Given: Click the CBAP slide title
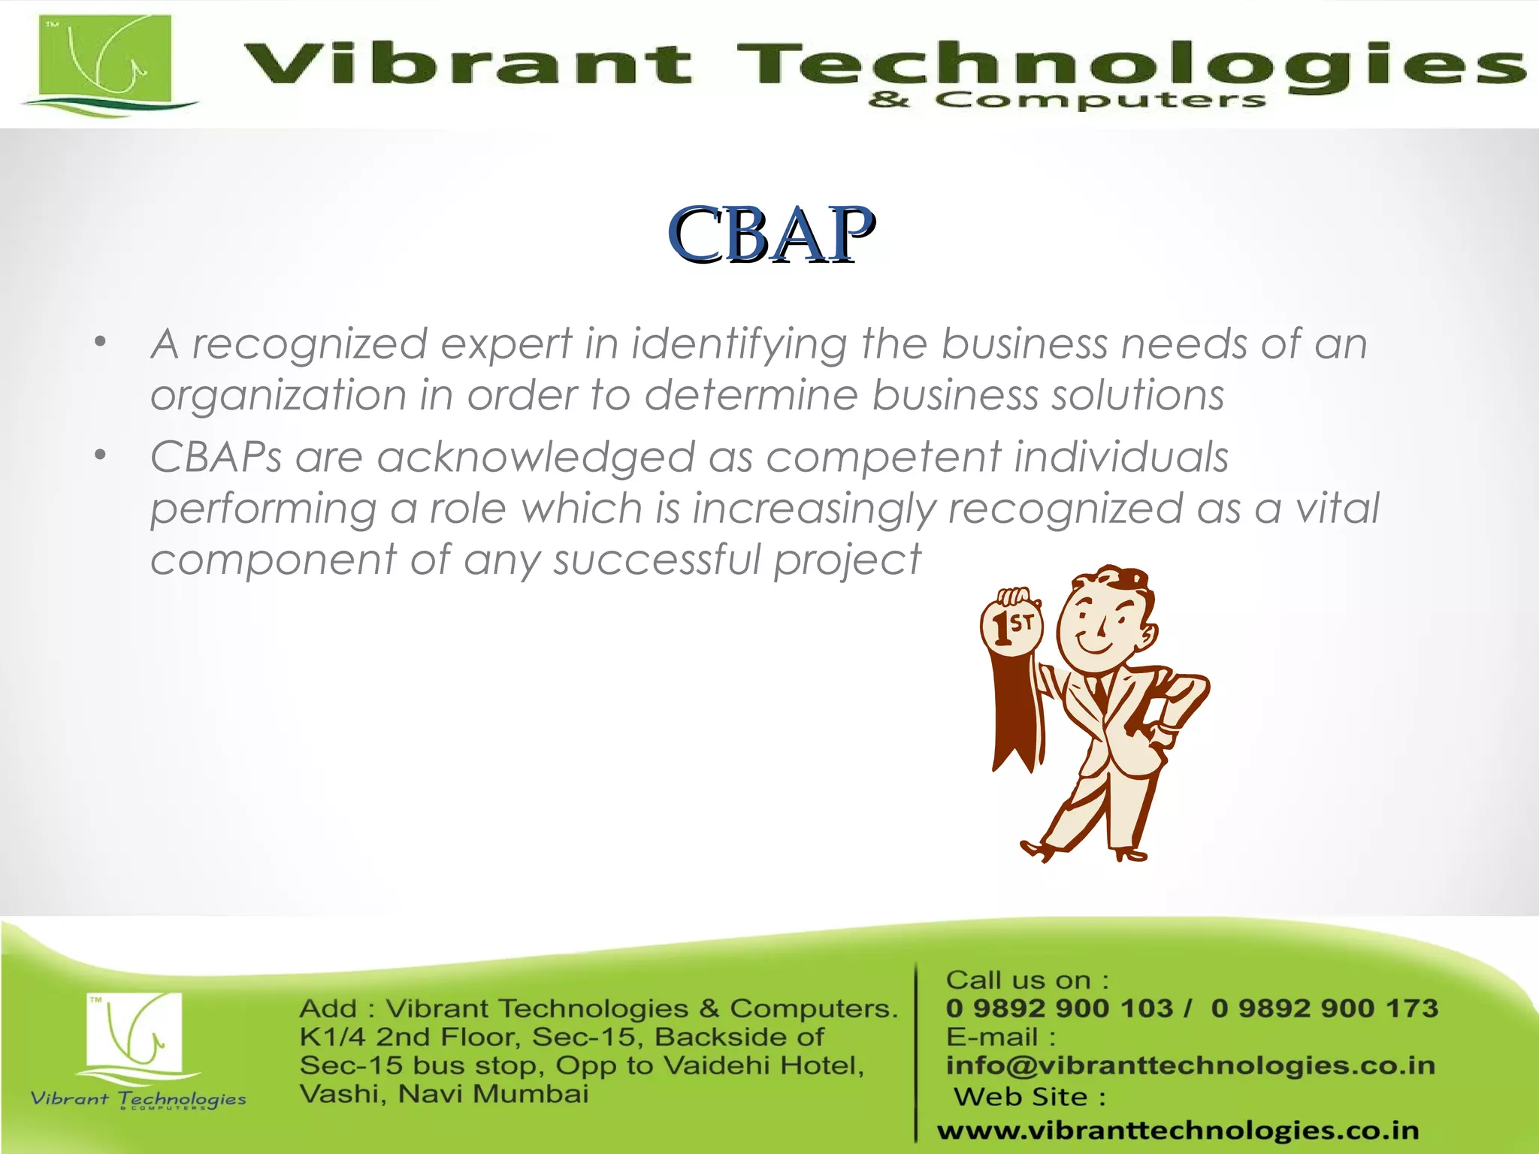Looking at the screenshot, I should pyautogui.click(x=771, y=234).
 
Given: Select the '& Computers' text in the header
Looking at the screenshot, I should pyautogui.click(x=1067, y=100).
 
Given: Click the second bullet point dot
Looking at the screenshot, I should pyautogui.click(x=101, y=456).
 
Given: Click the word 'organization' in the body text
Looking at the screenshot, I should pyautogui.click(x=278, y=396).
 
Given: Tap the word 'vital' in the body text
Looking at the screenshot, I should pyautogui.click(x=1337, y=508).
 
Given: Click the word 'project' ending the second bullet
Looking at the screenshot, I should pyautogui.click(x=847, y=560).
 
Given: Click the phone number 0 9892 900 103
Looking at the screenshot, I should pyautogui.click(x=1059, y=1008).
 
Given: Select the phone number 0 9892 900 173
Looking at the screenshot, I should pyautogui.click(x=1324, y=1008).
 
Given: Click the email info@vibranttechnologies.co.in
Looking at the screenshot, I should pyautogui.click(x=1190, y=1065).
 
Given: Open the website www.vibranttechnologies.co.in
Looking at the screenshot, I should pyautogui.click(x=1178, y=1130).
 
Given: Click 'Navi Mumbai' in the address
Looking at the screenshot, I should pyautogui.click(x=493, y=1094).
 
